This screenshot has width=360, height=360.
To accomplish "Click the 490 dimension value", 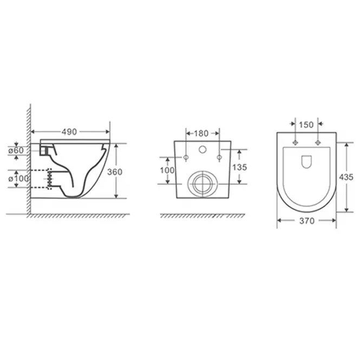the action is coord(69,132).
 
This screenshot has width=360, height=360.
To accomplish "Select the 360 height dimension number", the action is coord(115,172).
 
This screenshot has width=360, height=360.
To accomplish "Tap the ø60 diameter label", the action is coord(16,150).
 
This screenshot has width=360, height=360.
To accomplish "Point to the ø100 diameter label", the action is coord(18,179).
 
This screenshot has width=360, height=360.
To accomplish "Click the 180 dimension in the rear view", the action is coord(201,133).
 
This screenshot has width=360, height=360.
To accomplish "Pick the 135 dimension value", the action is coord(239,167).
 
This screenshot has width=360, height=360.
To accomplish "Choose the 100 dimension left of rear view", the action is coord(167,171).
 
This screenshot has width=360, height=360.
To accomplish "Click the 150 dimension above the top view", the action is coord(306,125).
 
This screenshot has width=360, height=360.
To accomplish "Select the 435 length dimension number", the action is coord(346,177).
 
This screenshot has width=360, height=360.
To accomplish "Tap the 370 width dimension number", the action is coord(307,221).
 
